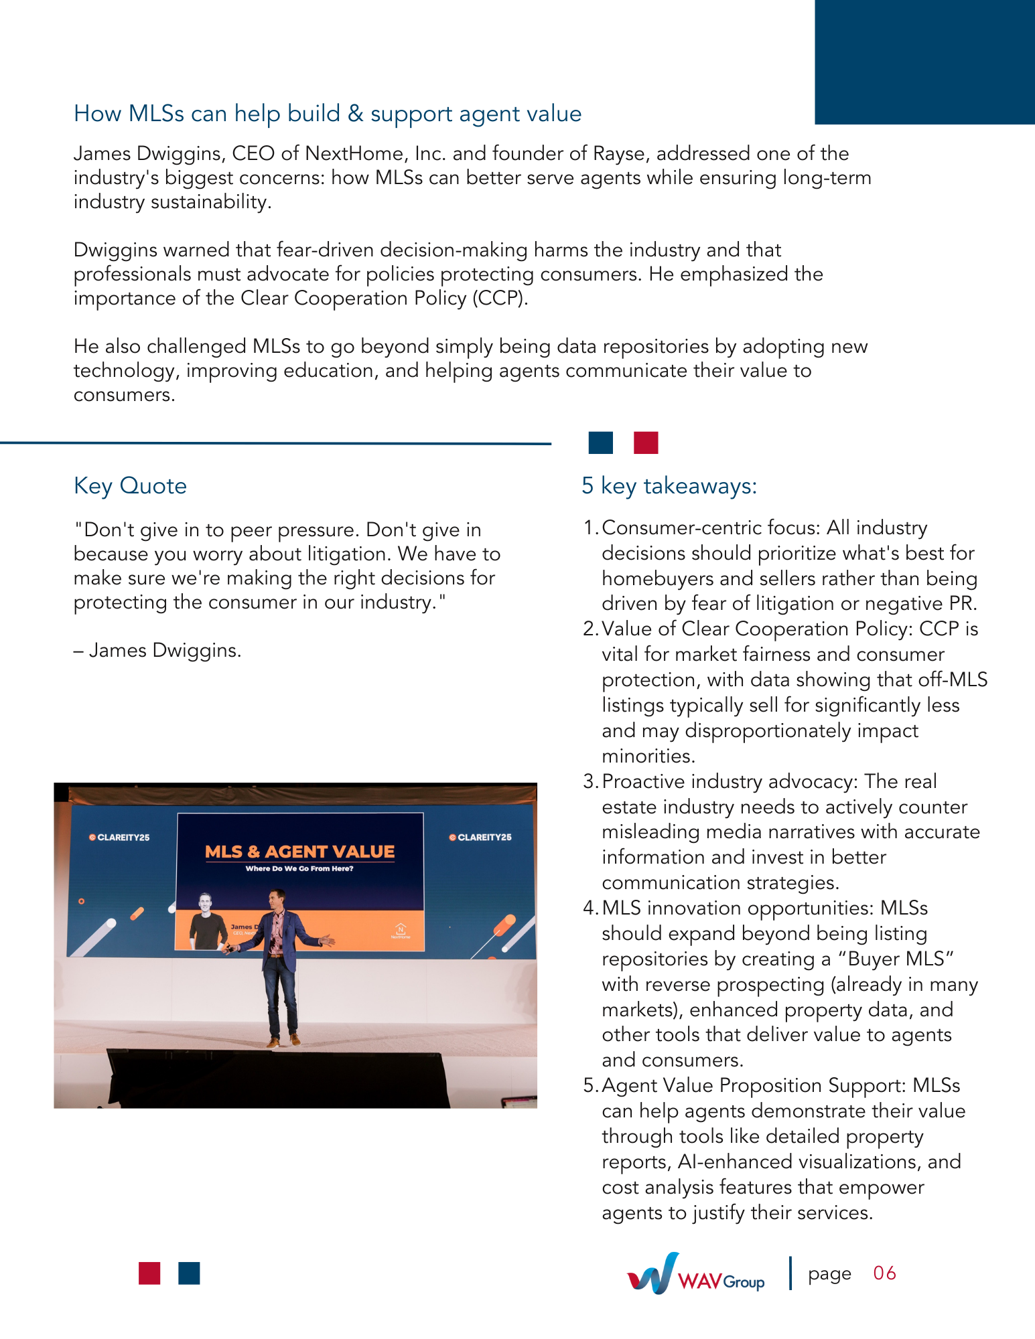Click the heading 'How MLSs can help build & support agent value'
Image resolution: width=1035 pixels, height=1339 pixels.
[328, 114]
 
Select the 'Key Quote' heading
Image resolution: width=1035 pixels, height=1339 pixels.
[130, 485]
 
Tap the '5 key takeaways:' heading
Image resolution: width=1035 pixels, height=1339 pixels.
[669, 485]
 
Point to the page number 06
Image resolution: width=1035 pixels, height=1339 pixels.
[884, 1273]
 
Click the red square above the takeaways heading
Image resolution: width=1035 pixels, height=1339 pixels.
[646, 443]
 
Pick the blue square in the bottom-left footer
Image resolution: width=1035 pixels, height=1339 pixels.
[189, 1273]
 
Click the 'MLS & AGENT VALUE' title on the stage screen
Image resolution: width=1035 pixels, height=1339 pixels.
[299, 852]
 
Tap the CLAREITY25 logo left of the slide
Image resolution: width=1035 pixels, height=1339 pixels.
[120, 838]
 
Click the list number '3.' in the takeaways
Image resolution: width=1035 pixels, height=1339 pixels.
[590, 781]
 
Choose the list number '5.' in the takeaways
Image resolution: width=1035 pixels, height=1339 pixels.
[590, 1085]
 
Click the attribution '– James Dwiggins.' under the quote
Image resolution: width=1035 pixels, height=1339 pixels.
[157, 650]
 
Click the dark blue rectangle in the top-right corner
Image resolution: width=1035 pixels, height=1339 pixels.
[924, 62]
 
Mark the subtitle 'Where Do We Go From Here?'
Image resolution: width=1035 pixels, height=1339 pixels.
[299, 869]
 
